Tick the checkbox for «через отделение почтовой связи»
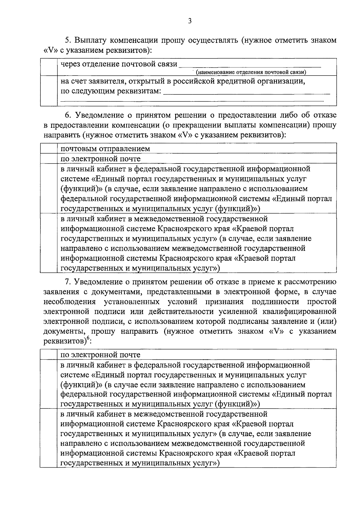tap(49, 67)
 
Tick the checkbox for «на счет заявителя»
tap(49, 91)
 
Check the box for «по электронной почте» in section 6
tap(49, 159)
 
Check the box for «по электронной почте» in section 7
tap(49, 355)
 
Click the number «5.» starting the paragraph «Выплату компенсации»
tap(68, 40)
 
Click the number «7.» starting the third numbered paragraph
tap(68, 282)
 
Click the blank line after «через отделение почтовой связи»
tap(250, 65)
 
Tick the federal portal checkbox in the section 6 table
tap(49, 188)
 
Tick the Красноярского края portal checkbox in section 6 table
tap(49, 243)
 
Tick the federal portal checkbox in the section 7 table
tap(49, 384)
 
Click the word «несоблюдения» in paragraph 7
tap(70, 302)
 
